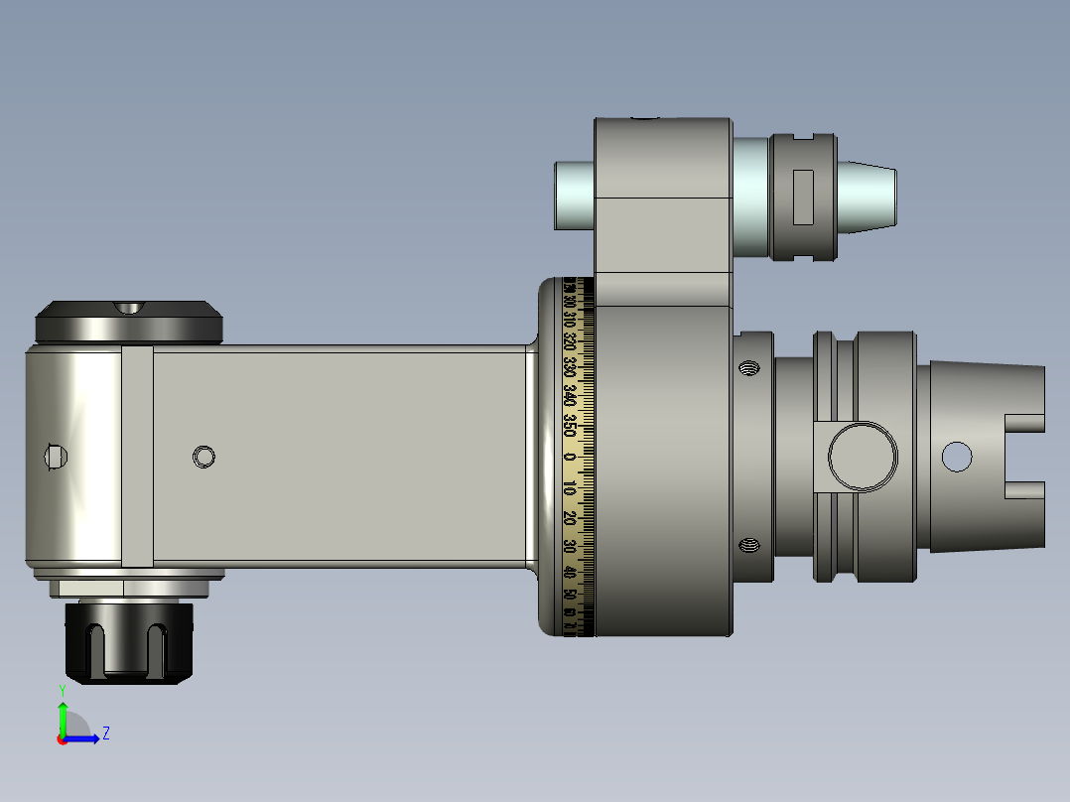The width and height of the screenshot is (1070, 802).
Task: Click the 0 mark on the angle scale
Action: point(570,457)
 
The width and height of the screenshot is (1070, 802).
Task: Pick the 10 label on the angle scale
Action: point(570,488)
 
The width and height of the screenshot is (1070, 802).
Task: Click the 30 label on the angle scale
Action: point(570,546)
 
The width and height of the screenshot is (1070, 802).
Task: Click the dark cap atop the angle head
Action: point(129,322)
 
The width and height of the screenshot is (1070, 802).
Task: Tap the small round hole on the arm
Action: point(204,457)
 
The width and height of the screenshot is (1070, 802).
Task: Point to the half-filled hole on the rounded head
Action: point(56,456)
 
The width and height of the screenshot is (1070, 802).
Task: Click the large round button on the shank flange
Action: point(862,457)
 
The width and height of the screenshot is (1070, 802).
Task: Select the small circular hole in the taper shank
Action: point(957,457)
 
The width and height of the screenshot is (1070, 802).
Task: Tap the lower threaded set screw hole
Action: point(748,544)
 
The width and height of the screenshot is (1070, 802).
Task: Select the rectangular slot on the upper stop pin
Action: point(803,197)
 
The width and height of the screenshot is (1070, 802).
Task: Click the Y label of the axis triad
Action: point(62,689)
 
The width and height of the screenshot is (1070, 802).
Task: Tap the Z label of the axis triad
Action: point(105,734)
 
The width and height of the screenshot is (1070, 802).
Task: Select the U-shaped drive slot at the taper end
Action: point(1026,457)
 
